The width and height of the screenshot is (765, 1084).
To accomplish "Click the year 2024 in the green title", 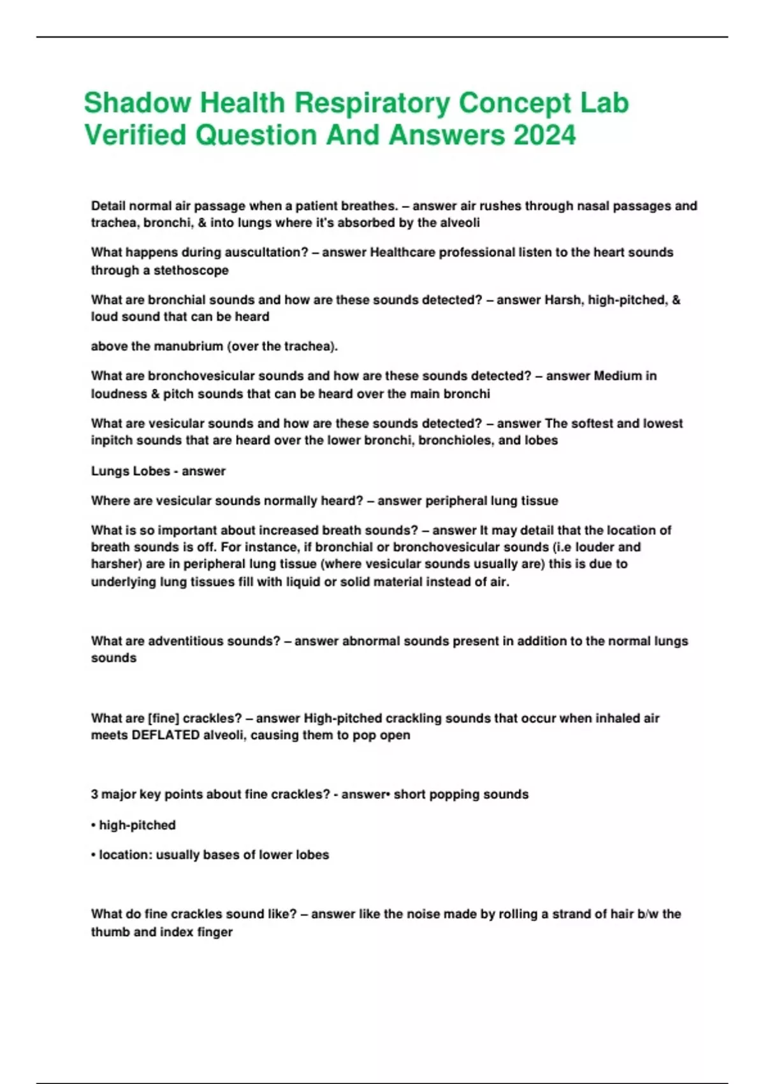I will point(544,135).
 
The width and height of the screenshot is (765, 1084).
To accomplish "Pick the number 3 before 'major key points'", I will point(94,795).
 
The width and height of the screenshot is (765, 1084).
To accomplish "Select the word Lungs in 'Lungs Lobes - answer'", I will point(109,471).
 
